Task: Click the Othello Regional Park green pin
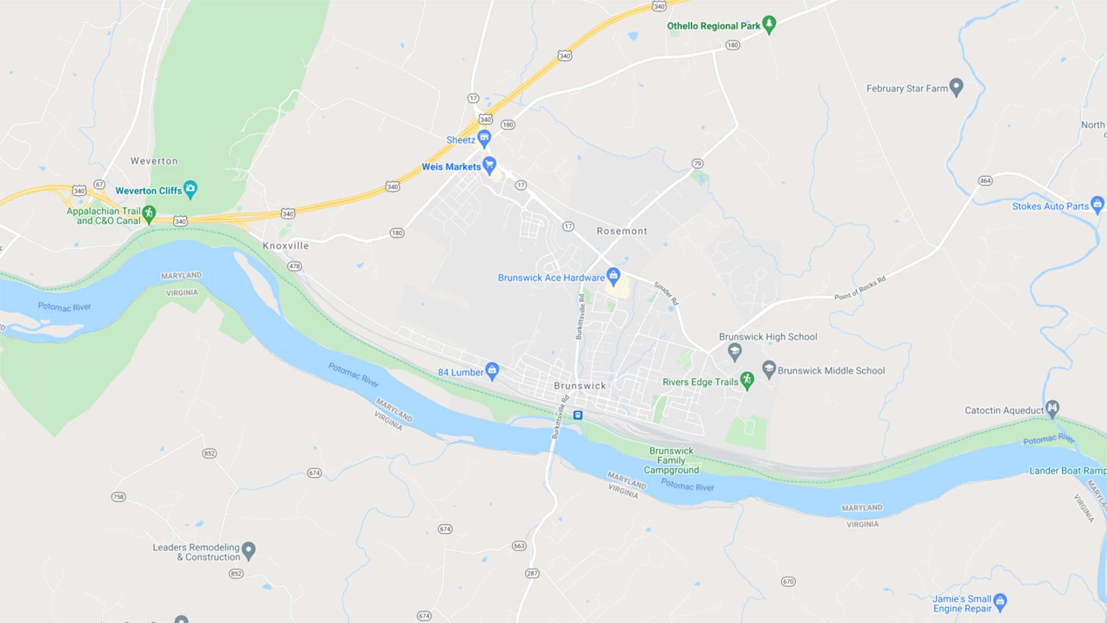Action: click(769, 24)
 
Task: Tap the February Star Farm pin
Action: click(956, 87)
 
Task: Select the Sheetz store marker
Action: click(484, 138)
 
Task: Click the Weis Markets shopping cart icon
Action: click(490, 166)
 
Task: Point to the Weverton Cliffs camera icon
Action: click(190, 189)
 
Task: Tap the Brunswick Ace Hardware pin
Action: click(613, 276)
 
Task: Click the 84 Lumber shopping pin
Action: click(492, 371)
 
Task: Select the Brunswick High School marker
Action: click(735, 351)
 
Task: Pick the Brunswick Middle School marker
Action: click(769, 369)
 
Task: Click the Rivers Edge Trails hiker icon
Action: click(747, 380)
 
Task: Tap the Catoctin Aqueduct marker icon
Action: click(1052, 408)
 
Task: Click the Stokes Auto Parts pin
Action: click(1097, 205)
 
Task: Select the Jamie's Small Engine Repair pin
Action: click(1000, 602)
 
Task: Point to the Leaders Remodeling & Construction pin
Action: click(248, 550)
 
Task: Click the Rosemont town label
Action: click(622, 231)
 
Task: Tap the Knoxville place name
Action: click(285, 246)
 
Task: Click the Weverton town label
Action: click(154, 161)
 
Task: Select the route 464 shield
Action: click(985, 181)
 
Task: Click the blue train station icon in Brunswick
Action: click(578, 415)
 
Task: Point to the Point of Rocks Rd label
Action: click(860, 288)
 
